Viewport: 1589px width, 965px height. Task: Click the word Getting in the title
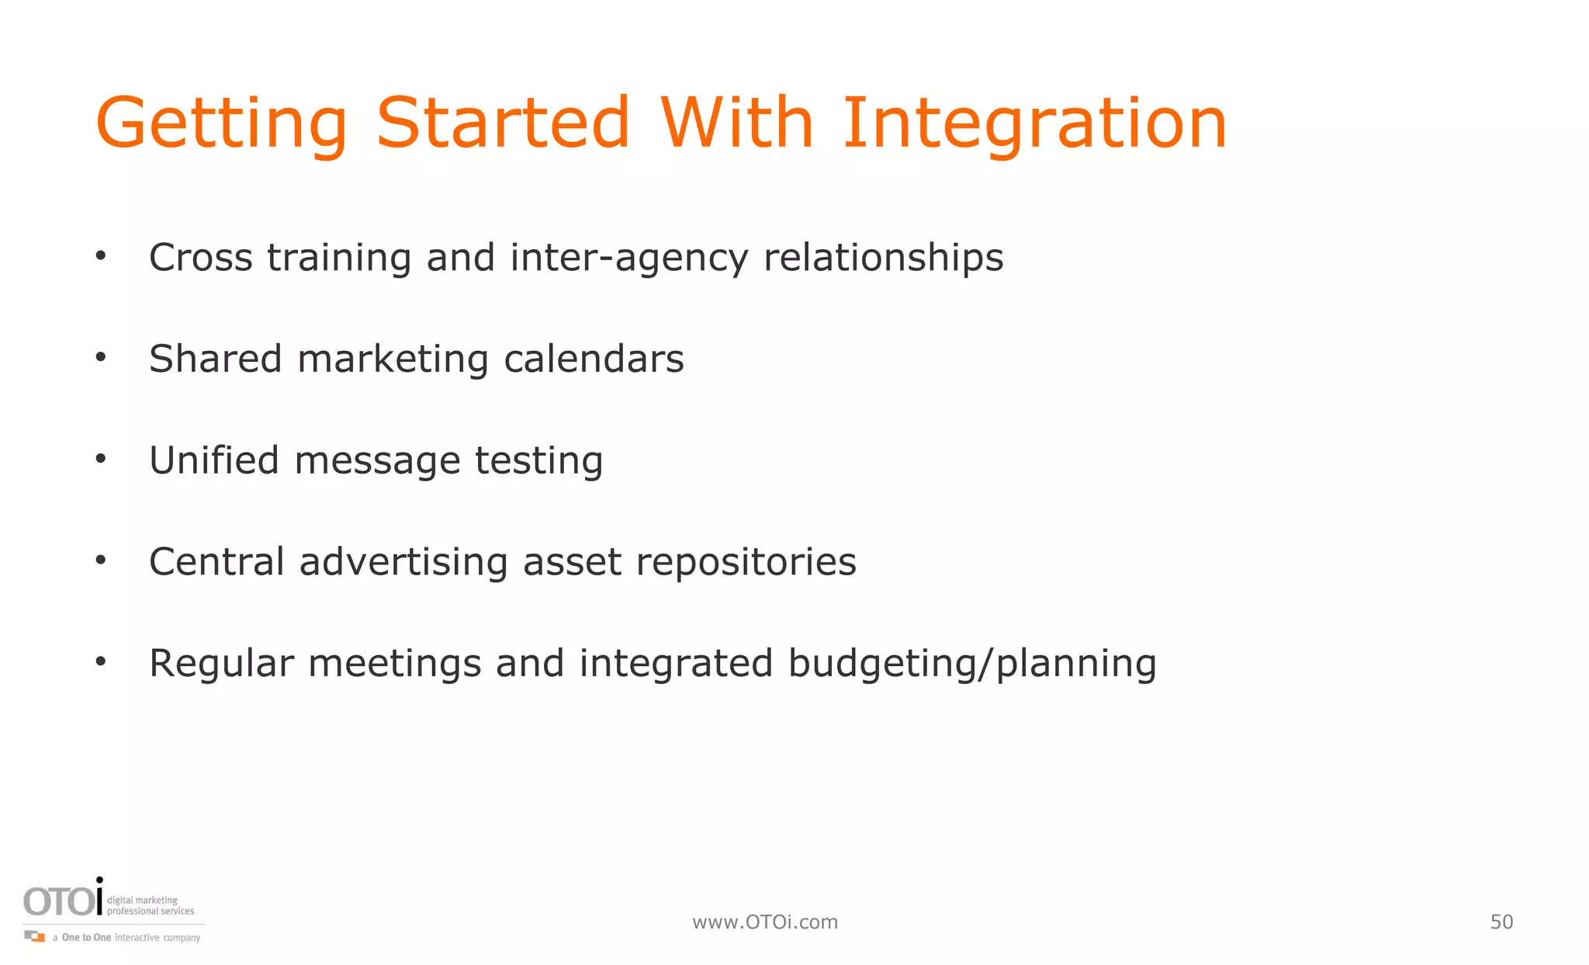[221, 124]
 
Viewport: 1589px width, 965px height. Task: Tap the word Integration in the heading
[1034, 124]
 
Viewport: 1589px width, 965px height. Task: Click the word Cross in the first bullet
[201, 258]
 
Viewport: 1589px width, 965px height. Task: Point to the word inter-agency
[629, 259]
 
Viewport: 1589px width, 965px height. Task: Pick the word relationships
[884, 259]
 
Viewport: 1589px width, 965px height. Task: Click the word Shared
[215, 359]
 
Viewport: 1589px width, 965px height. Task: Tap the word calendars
[594, 359]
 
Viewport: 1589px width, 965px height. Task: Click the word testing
[538, 462]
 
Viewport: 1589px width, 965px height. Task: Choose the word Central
[216, 562]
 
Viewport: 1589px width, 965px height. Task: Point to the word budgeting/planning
[972, 665]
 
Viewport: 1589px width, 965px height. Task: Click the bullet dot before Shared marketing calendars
[100, 358]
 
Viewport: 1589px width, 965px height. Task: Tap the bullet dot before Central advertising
[100, 560]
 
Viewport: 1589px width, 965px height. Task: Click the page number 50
[1501, 922]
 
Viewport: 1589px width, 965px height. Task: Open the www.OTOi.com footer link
[765, 922]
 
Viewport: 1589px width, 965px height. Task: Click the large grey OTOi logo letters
[63, 901]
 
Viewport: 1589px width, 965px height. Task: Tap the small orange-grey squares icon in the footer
[35, 936]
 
